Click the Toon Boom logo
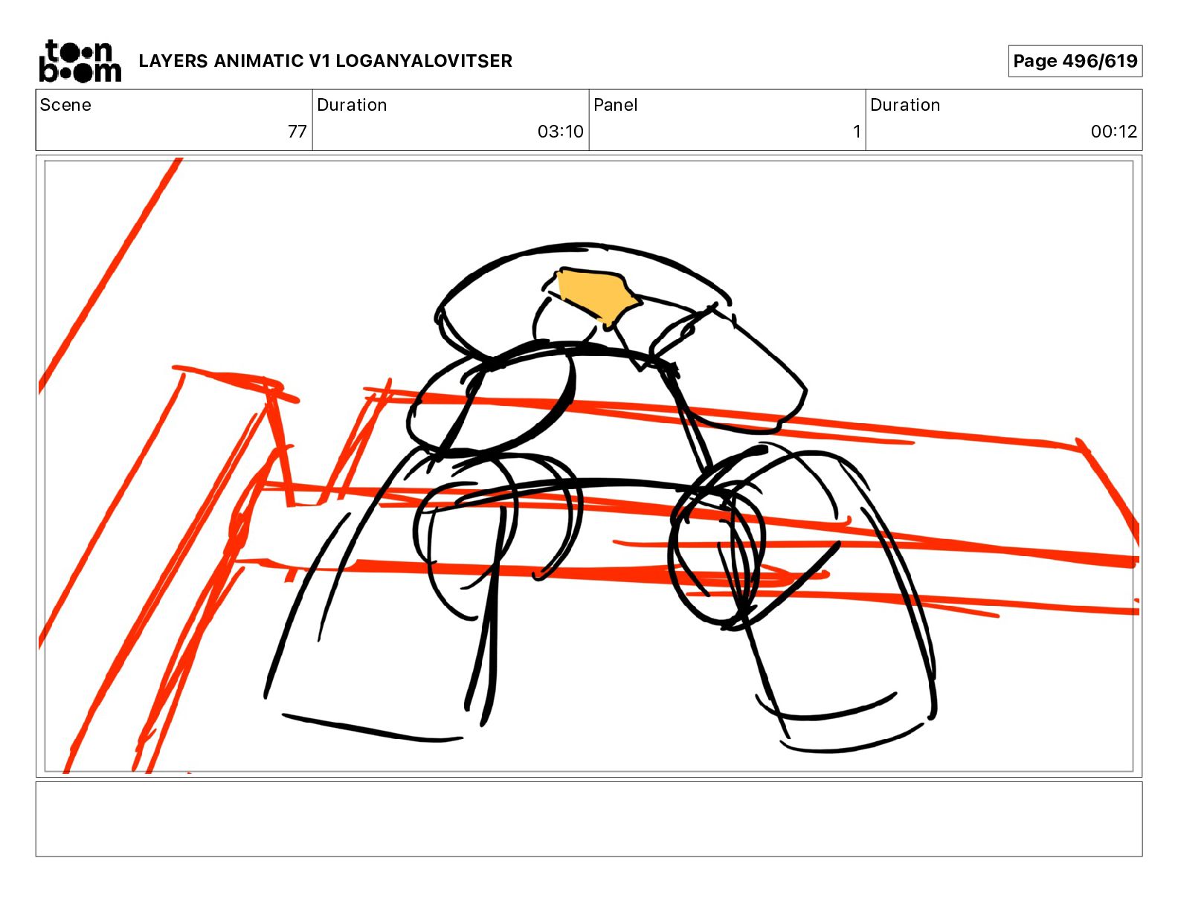coord(80,61)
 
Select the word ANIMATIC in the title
coord(259,61)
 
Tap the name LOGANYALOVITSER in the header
coord(424,61)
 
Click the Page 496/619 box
coord(1075,61)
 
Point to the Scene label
coord(65,105)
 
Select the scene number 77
coord(297,131)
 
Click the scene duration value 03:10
coord(561,131)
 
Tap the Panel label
coord(615,105)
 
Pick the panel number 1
coord(857,131)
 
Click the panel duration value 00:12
coord(1114,131)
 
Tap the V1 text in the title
coord(319,61)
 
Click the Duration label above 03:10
coord(352,105)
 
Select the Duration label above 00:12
coord(905,105)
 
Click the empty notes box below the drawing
coord(589,819)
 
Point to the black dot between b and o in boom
coord(64,73)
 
